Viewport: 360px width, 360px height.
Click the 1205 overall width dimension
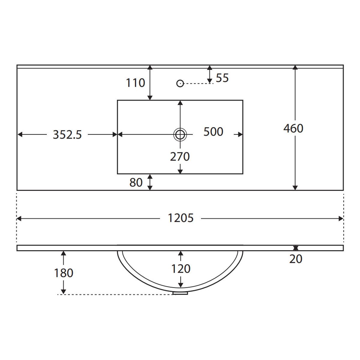(181, 218)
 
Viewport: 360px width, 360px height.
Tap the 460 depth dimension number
(293, 128)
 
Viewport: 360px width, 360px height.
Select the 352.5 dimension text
(67, 134)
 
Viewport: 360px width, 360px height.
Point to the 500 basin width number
(213, 132)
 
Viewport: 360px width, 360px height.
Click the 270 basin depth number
(180, 157)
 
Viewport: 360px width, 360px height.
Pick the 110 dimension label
(135, 83)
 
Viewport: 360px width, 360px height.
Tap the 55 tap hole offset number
(222, 78)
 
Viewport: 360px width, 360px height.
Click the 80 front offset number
(136, 182)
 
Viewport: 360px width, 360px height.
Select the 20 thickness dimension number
(296, 259)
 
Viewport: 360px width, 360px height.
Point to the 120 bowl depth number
(181, 269)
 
